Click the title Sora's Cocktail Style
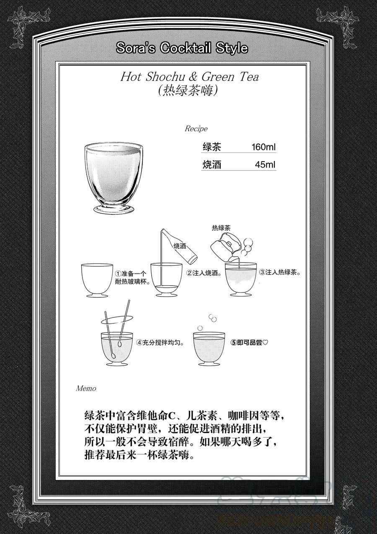182,48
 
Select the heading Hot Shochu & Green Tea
190,77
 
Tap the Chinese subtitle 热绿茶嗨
188,90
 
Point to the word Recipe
196,129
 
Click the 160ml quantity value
264,147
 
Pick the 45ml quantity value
265,165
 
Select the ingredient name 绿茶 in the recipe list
212,147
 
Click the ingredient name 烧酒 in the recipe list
212,165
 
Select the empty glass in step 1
97,280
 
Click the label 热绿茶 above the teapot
221,228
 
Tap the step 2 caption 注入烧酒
204,273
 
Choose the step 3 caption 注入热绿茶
280,272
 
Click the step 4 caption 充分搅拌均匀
161,343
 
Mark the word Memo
86,389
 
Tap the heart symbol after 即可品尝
265,343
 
